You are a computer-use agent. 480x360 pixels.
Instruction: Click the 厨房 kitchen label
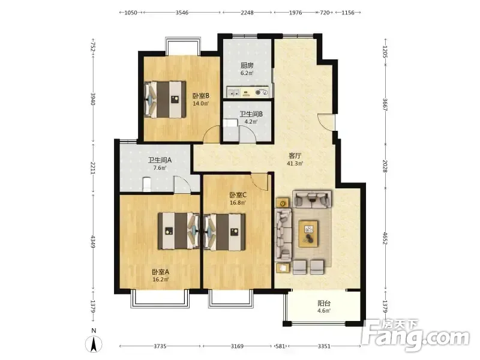pyautogui.click(x=247, y=65)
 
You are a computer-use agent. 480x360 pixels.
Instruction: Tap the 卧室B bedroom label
pyautogui.click(x=201, y=96)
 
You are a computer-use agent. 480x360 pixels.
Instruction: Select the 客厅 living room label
pyautogui.click(x=295, y=156)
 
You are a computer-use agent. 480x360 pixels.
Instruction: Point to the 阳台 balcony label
pyautogui.click(x=324, y=304)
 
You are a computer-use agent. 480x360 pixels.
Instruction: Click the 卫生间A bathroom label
pyautogui.click(x=160, y=160)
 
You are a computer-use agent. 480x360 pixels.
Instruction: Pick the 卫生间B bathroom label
pyautogui.click(x=251, y=114)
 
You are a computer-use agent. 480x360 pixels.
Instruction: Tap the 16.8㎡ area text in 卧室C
pyautogui.click(x=238, y=203)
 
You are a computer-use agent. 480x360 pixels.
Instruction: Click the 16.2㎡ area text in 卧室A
pyautogui.click(x=161, y=280)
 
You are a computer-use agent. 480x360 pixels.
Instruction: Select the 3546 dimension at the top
pyautogui.click(x=182, y=13)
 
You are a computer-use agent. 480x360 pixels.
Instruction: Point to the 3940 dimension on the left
pyautogui.click(x=93, y=98)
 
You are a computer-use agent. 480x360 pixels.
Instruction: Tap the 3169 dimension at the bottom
pyautogui.click(x=237, y=346)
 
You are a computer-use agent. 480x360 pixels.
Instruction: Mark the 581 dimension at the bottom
pyautogui.click(x=280, y=346)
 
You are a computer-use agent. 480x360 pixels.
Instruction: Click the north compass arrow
pyautogui.click(x=94, y=344)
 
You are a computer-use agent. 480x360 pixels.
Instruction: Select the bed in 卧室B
pyautogui.click(x=166, y=99)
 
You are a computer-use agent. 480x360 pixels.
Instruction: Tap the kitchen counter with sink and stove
pyautogui.click(x=247, y=92)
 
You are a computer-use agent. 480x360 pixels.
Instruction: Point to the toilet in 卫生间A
pyautogui.click(x=147, y=184)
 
